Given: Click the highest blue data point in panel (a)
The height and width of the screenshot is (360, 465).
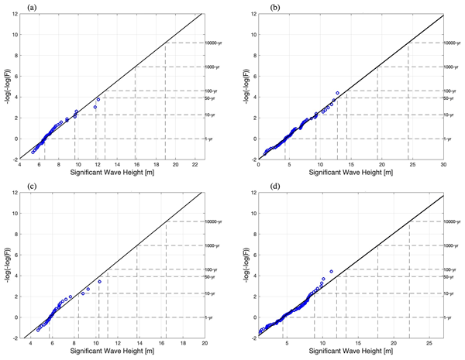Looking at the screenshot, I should pos(98,100).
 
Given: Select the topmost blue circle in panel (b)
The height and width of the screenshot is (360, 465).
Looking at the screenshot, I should pos(337,94).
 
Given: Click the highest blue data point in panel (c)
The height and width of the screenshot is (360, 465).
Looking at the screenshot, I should pos(99,281).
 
